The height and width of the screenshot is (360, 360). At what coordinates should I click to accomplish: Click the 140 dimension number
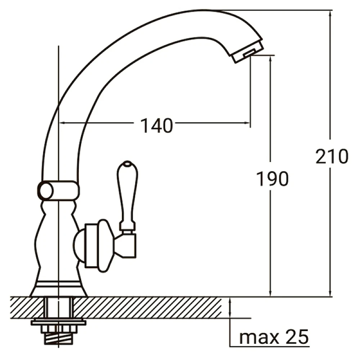(x=156, y=126)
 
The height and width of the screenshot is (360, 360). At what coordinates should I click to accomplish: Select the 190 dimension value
(x=272, y=179)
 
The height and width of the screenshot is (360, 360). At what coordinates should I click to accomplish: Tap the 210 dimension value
(x=332, y=157)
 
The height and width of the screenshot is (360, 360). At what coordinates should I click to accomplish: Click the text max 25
(x=274, y=337)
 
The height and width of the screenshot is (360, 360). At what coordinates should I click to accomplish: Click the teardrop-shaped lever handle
(x=127, y=193)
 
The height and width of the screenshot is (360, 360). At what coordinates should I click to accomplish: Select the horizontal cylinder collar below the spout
(x=59, y=190)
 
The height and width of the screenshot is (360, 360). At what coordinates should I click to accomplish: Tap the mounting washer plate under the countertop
(x=58, y=322)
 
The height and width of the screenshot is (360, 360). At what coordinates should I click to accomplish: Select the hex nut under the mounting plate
(x=58, y=329)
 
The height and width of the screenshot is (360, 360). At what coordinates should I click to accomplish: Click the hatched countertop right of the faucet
(x=151, y=307)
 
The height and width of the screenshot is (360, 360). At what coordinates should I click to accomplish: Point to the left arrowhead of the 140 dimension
(x=61, y=123)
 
